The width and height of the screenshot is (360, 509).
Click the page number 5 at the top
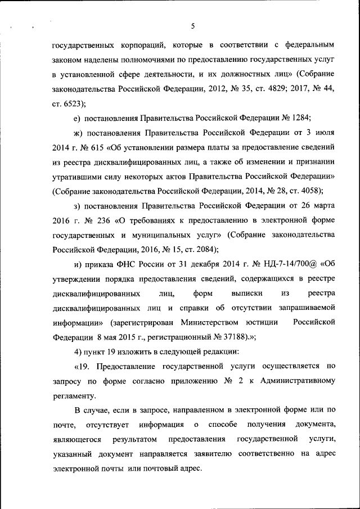tap(192, 26)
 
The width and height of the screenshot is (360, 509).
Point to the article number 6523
tap(74, 103)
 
